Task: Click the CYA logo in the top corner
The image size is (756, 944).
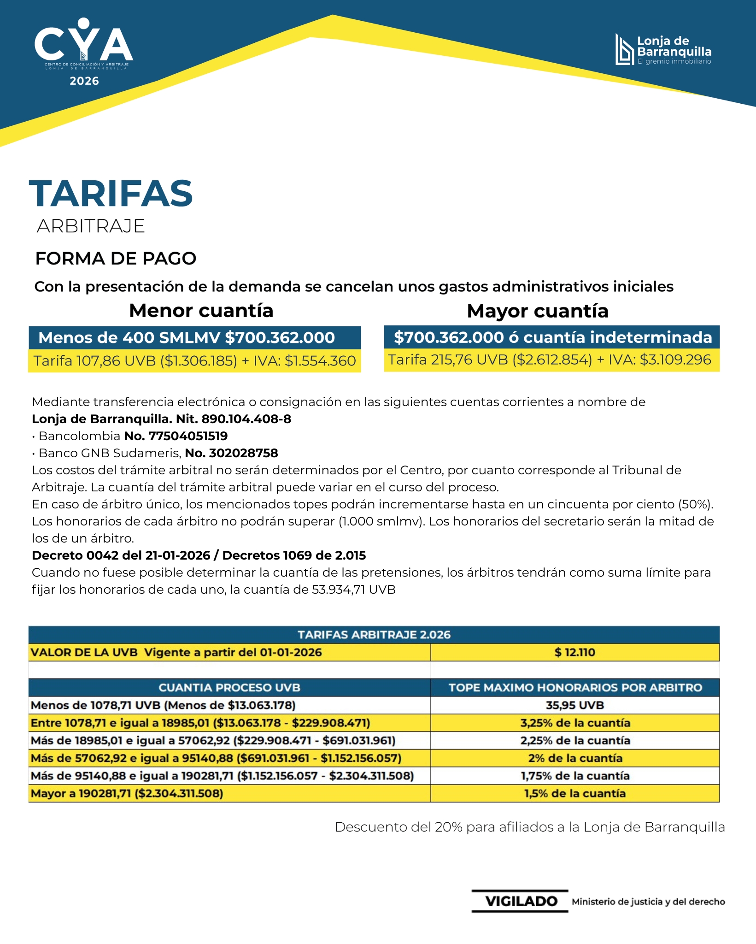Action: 84,44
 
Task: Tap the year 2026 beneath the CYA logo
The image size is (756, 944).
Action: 84,81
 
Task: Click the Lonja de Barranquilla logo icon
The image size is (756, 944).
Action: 625,49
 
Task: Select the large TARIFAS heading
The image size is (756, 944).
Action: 111,194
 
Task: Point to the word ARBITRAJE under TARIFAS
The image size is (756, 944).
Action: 91,226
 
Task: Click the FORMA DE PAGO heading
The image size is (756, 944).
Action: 116,259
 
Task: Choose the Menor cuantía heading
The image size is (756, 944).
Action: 201,311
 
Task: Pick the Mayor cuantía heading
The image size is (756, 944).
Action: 538,311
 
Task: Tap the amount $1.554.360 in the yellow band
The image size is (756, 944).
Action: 320,361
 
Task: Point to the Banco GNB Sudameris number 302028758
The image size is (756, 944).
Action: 243,453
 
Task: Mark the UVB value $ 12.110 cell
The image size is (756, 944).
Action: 574,652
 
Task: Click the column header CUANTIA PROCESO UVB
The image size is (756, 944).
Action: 229,688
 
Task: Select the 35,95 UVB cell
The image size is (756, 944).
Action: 574,705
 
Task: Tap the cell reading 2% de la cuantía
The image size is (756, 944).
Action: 575,758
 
